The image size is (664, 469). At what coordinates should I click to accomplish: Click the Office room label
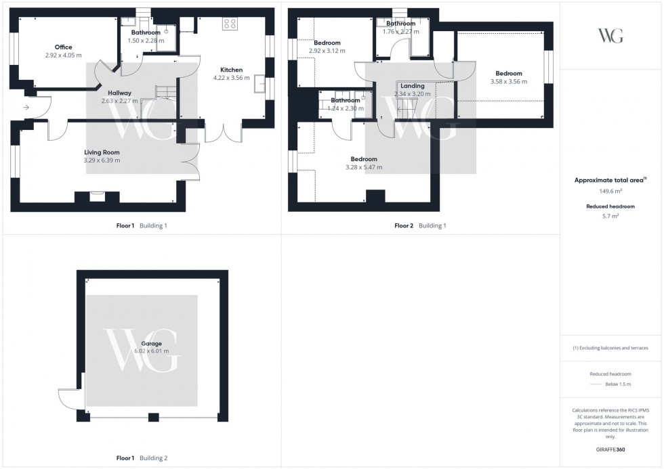click(63, 47)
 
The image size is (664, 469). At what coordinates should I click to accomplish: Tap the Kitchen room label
click(231, 70)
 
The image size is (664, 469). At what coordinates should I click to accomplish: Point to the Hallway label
click(119, 93)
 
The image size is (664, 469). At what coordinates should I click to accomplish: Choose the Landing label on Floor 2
click(412, 86)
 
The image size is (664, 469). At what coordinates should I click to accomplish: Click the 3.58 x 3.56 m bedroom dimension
click(508, 82)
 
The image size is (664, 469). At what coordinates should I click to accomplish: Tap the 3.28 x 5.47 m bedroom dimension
click(363, 167)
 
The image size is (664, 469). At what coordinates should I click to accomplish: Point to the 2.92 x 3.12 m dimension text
click(327, 51)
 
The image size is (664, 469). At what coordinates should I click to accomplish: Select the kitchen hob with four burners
click(230, 24)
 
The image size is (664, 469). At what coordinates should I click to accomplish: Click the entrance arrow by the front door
click(26, 108)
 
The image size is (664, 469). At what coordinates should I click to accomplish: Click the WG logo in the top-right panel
click(611, 36)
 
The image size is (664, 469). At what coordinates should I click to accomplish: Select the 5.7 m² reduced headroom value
click(611, 216)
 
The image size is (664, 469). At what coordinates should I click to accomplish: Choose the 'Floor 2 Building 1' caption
click(420, 226)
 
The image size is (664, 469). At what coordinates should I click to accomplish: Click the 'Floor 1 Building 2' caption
click(142, 458)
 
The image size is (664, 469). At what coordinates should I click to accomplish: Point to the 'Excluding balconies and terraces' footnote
click(610, 348)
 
